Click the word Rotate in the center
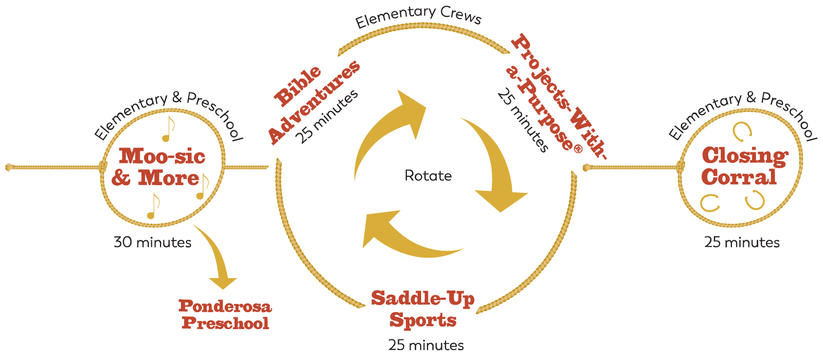[428, 176]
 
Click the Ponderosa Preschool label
[225, 314]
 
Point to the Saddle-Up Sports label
[423, 309]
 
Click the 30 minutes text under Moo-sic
[152, 242]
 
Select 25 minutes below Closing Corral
[742, 242]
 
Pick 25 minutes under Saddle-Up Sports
[426, 345]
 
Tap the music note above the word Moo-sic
[168, 129]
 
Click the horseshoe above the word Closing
[741, 130]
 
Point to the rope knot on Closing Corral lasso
[680, 167]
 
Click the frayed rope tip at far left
[8, 167]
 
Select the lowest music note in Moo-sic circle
[153, 206]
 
